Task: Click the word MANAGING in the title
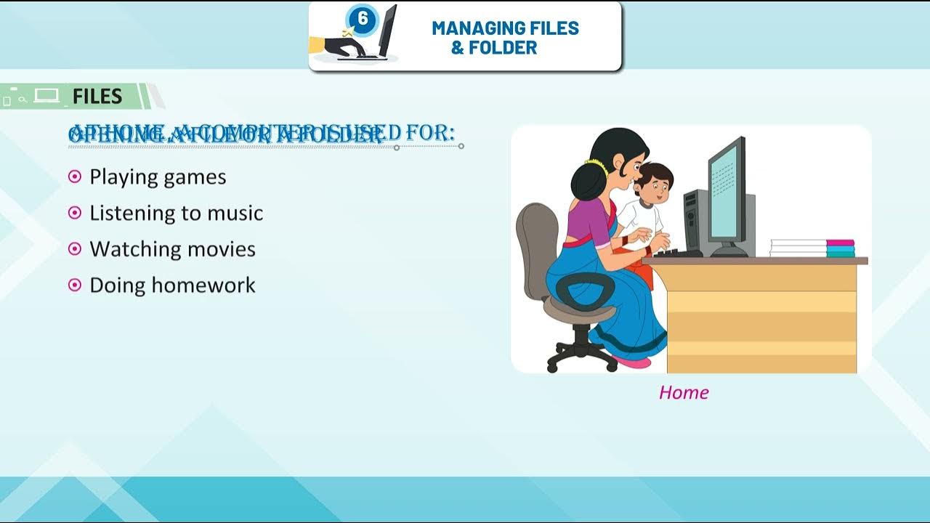pos(472,28)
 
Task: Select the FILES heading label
pos(97,96)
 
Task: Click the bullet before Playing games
pos(74,177)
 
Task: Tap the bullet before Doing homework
pos(74,285)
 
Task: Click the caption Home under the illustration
pos(683,392)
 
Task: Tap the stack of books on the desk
pos(812,248)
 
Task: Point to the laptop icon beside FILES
pos(46,96)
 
